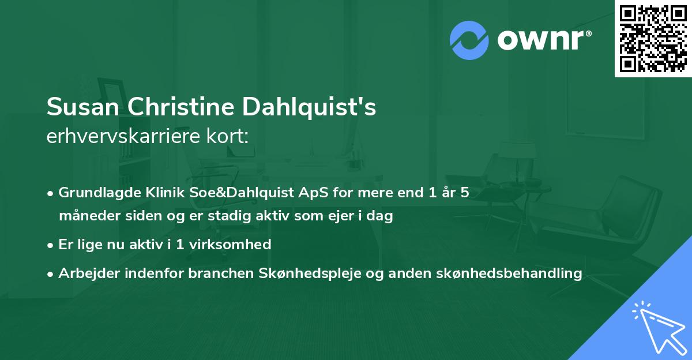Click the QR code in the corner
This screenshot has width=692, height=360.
pos(653,39)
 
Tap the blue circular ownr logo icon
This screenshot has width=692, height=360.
pos(469,39)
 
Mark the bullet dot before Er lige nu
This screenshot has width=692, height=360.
pos(51,245)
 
